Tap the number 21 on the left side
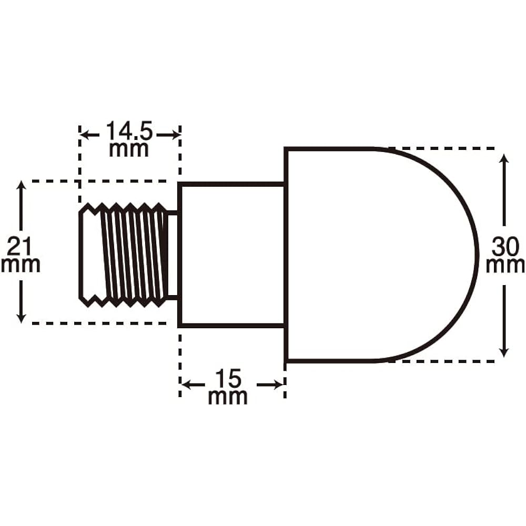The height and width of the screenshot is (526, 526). (x=19, y=247)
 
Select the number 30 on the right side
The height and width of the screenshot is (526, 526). (x=505, y=247)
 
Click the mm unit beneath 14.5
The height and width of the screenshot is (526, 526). (x=129, y=149)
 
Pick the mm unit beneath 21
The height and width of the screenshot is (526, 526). (x=21, y=265)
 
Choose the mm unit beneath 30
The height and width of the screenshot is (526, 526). (x=505, y=266)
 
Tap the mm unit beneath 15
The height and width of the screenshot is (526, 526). (x=228, y=397)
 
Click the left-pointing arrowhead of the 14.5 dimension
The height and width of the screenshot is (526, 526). (x=85, y=135)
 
